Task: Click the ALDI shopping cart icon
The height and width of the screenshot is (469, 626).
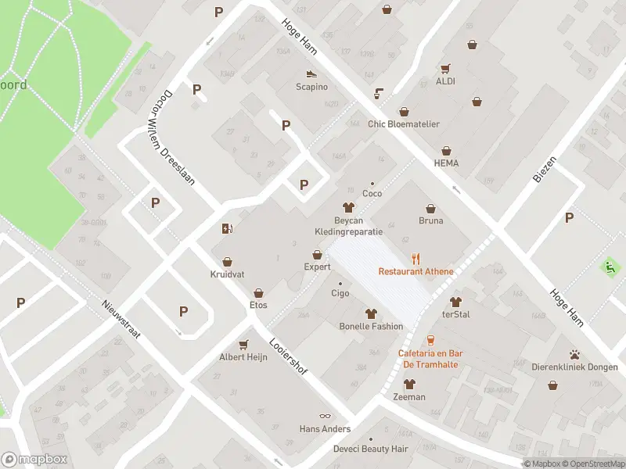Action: pos(445,68)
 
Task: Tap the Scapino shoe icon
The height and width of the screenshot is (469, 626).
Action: pos(311,74)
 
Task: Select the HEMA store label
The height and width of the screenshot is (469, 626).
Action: pos(446,163)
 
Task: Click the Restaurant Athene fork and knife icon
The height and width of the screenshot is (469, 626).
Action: pos(416,259)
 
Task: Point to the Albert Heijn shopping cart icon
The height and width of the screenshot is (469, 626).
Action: pos(243,344)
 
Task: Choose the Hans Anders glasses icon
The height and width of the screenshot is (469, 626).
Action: pos(325,416)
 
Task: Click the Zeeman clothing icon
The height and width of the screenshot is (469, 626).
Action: pos(409,384)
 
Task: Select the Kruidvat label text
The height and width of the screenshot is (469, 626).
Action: pos(227,275)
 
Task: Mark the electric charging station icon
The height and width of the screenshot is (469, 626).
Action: pos(227,229)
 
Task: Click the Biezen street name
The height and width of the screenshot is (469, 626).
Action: pos(545,169)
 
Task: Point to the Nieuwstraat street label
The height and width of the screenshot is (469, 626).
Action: pos(121,320)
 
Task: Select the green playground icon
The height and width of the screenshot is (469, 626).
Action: pos(610,267)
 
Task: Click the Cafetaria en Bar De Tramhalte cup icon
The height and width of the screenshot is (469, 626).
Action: pos(431,340)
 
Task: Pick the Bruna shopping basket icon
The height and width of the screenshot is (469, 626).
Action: pos(430,208)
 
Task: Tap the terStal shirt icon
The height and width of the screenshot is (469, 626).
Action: pos(455,301)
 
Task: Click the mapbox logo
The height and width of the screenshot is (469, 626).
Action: pos(34,460)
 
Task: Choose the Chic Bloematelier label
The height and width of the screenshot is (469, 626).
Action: pos(404,124)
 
